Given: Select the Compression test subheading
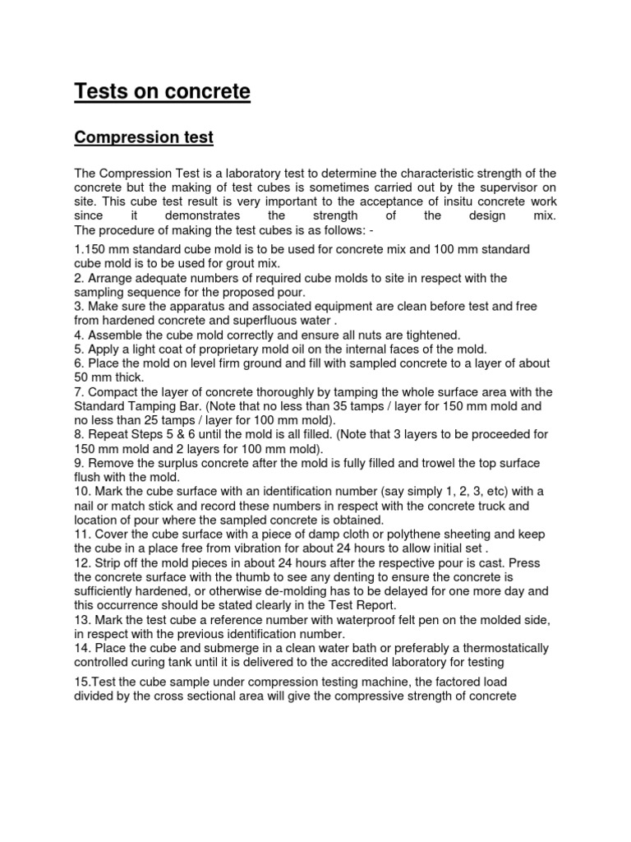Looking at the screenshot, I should (x=144, y=137).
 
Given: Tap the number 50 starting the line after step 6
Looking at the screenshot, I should (x=82, y=377).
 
